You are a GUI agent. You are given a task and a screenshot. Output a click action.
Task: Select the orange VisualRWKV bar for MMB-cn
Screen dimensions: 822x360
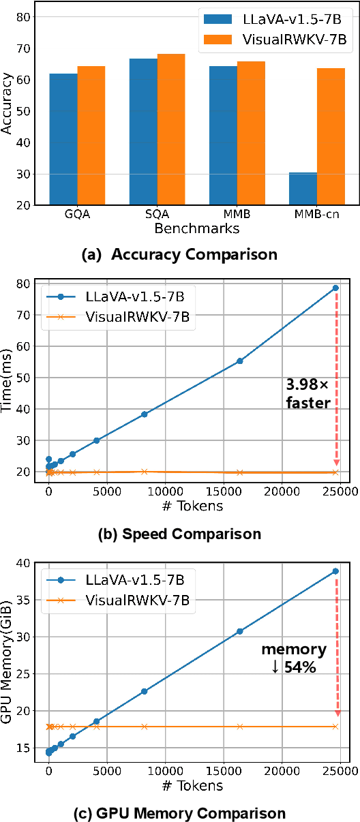[331, 136]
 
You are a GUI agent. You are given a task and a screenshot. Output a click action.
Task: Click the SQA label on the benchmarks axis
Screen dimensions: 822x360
[157, 214]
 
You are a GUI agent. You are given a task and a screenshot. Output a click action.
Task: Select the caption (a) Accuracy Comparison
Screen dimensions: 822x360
[179, 255]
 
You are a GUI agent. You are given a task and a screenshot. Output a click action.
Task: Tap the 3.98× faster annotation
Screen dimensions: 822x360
[308, 394]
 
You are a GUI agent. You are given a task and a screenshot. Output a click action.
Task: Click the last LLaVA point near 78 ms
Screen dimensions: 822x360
[335, 288]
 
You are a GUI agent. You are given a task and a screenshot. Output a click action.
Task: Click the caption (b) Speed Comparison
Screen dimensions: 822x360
[180, 534]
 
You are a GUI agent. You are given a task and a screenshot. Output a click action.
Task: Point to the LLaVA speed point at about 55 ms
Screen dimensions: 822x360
[239, 361]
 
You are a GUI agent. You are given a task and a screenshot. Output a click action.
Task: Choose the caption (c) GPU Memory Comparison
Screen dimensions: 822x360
[180, 813]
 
